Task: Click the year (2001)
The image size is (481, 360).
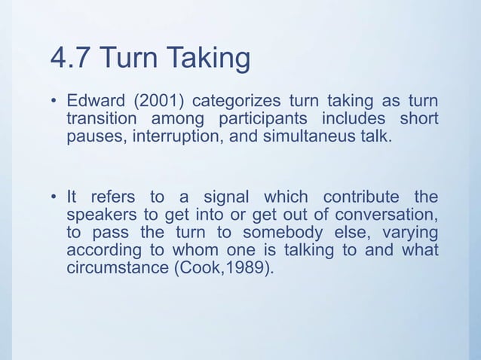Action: click(x=157, y=102)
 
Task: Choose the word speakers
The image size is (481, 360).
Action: click(x=100, y=215)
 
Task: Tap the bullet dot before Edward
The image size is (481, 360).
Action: click(x=54, y=102)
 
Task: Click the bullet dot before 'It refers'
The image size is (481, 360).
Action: click(x=54, y=198)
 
